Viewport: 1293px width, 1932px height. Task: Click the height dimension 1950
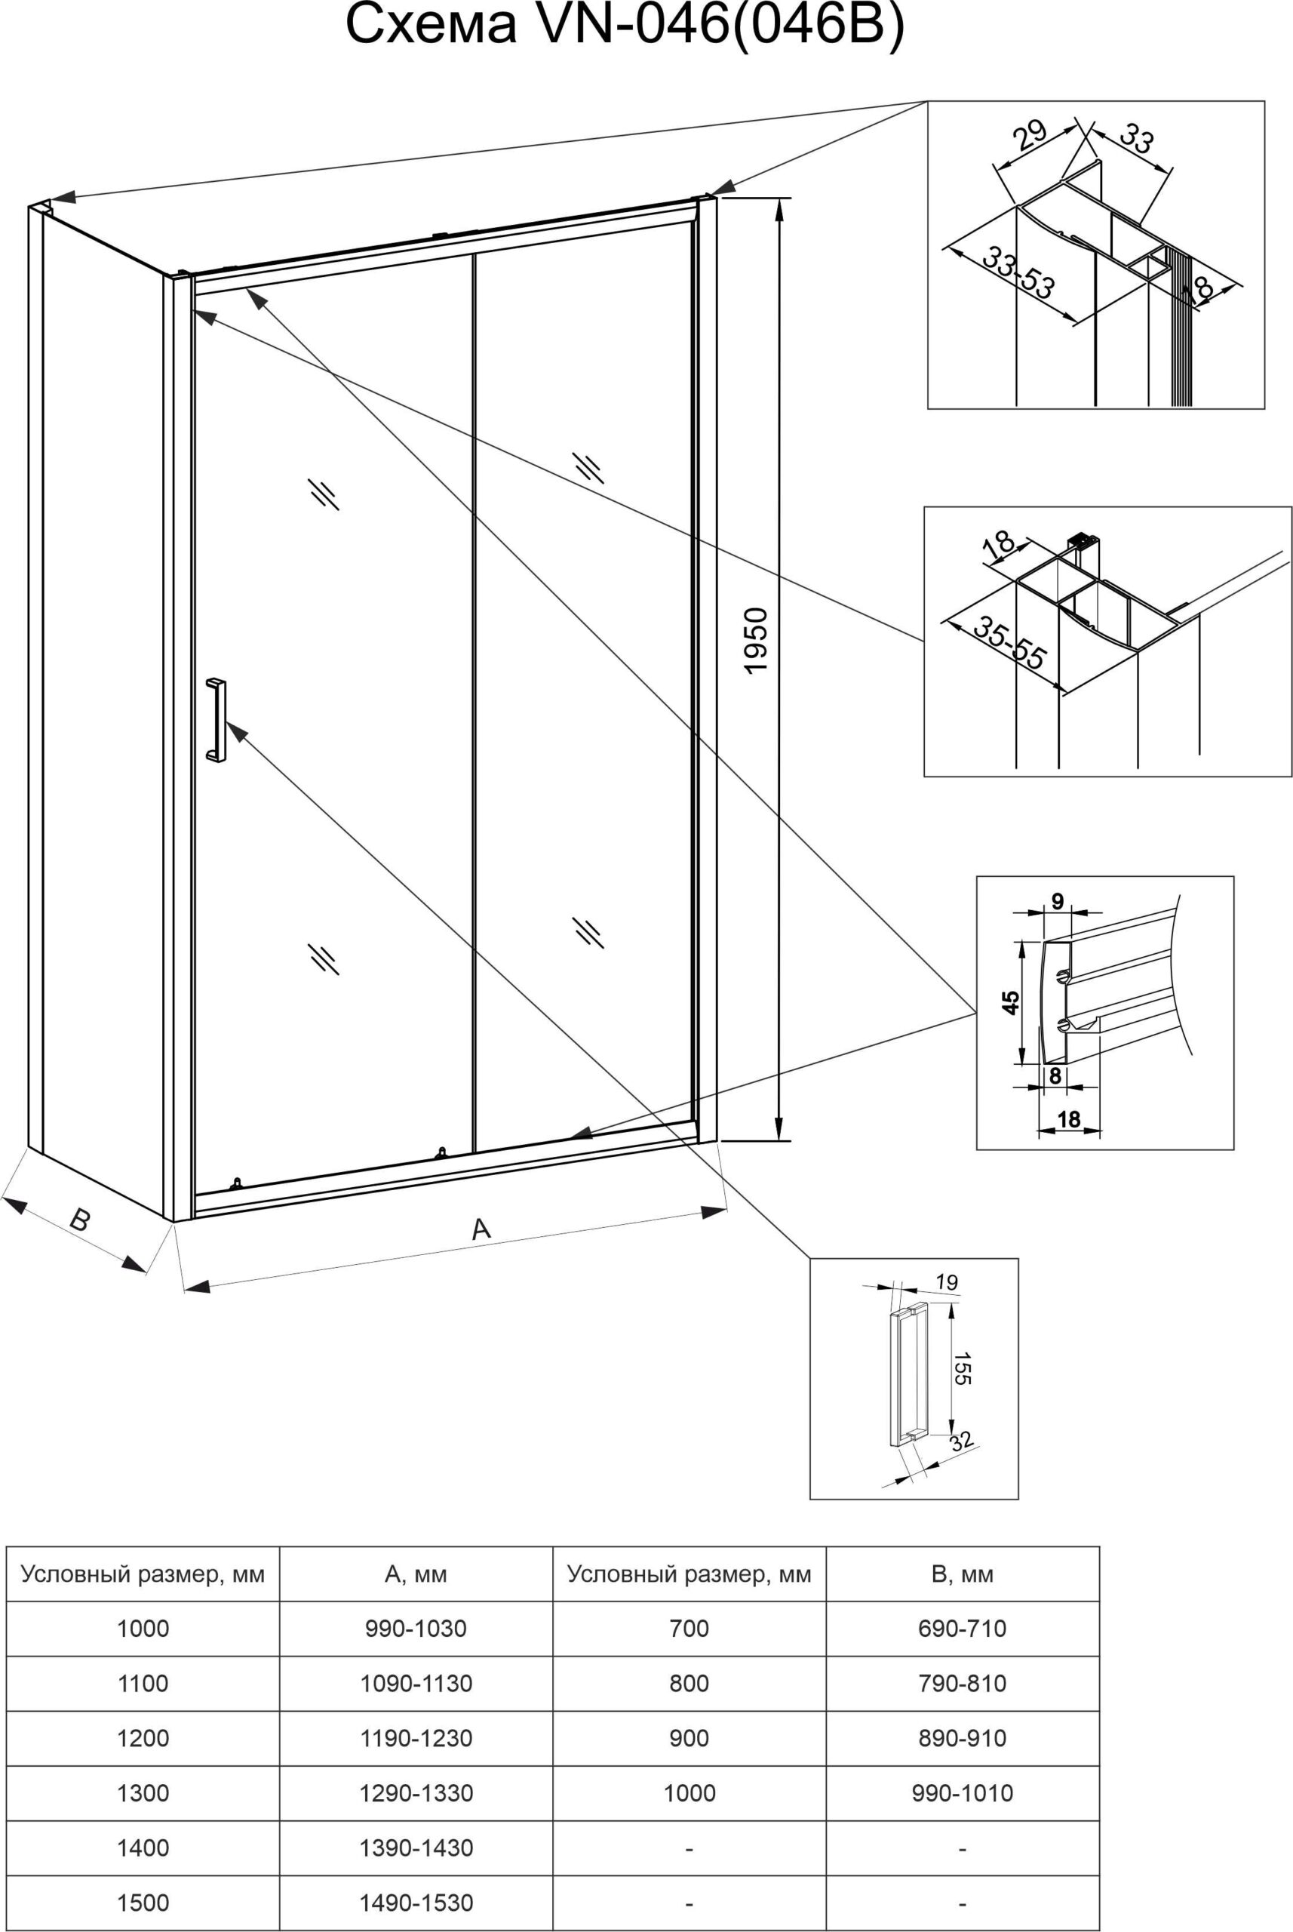756,641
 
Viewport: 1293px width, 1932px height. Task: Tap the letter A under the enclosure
481,1230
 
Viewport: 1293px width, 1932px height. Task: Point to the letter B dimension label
79,1220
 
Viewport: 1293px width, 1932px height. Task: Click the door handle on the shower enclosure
215,720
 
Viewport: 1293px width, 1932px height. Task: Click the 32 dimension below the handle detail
962,1441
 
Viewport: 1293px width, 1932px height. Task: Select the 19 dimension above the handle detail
947,1283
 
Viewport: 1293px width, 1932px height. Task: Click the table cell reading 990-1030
416,1629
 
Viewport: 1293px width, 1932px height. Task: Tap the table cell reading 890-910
963,1738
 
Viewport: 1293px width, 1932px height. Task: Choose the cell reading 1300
143,1792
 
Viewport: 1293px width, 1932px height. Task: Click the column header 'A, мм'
416,1574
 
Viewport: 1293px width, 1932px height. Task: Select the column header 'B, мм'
963,1574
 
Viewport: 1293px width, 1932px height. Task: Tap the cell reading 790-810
963,1683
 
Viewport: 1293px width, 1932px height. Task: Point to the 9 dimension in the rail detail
1057,901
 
